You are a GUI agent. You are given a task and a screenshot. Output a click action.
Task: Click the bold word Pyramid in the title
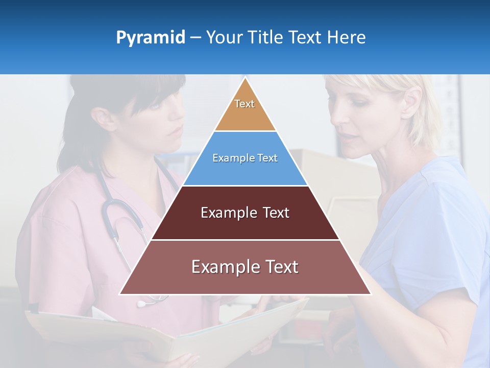[150, 38]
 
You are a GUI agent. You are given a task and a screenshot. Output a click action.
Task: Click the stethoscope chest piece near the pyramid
[141, 304]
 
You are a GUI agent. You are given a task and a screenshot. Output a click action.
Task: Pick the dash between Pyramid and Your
[195, 38]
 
